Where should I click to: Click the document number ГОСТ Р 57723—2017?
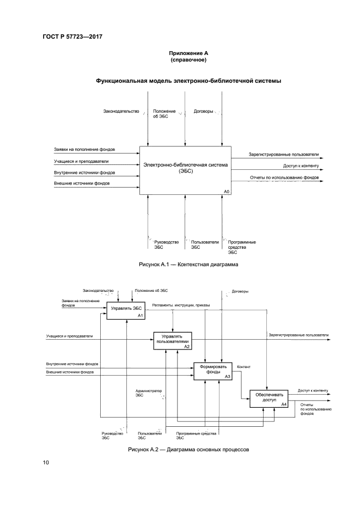pos(73,36)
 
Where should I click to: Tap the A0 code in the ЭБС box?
pos(227,192)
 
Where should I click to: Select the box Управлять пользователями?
pos(172,339)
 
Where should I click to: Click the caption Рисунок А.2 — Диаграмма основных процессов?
pos(188,450)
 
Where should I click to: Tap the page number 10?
pos(46,463)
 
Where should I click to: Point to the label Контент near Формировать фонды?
pos(244,367)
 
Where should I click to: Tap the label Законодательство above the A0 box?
pos(121,112)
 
